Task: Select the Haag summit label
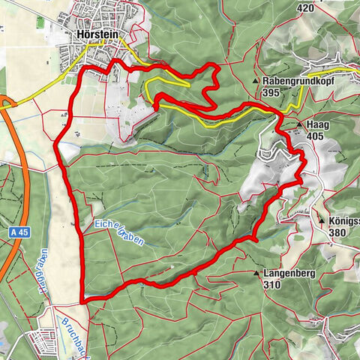(x=314, y=124)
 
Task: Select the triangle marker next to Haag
(x=299, y=124)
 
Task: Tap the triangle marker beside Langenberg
(x=258, y=274)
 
